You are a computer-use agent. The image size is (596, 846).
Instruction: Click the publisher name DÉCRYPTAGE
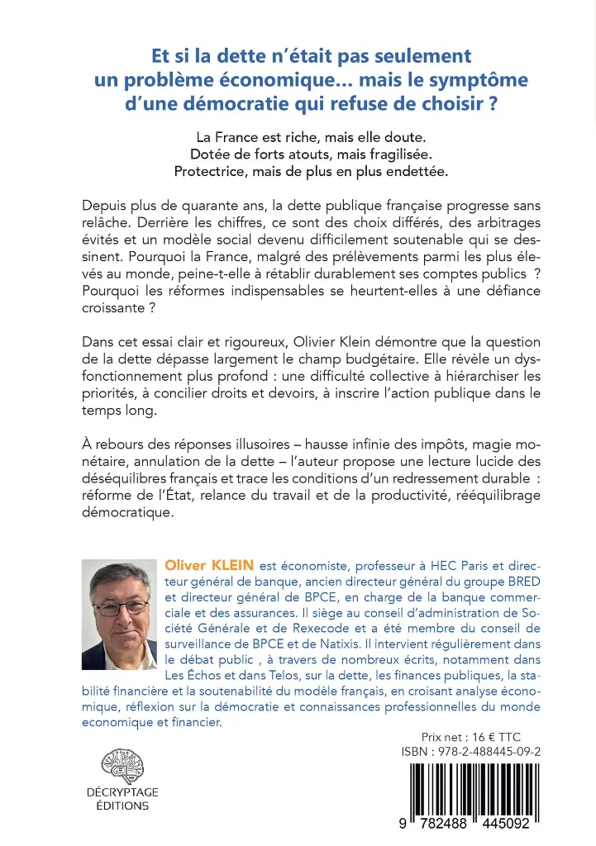click(122, 791)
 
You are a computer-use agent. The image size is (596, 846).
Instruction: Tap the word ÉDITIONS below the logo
click(122, 806)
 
